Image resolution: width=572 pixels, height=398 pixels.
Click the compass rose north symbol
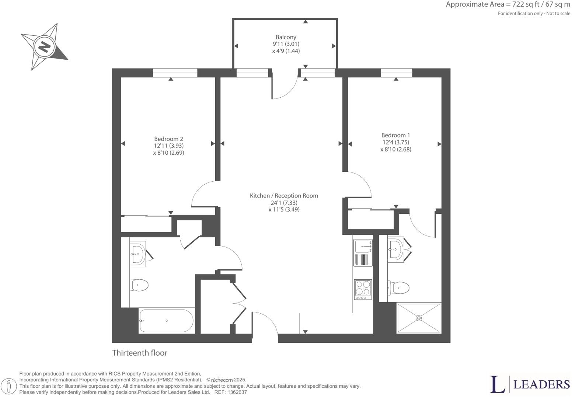(44, 47)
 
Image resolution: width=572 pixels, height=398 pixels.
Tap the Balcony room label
(286, 37)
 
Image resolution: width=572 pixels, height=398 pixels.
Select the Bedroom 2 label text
(168, 139)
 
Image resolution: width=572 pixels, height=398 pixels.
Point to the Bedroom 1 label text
(395, 135)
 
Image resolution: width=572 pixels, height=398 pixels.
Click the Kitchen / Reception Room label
(284, 196)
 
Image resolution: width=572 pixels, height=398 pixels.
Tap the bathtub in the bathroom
(166, 321)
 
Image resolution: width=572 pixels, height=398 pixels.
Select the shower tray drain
(419, 318)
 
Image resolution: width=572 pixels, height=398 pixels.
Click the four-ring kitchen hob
(363, 289)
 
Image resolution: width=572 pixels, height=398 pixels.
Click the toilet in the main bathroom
(140, 285)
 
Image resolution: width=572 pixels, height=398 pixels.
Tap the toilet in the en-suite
(399, 287)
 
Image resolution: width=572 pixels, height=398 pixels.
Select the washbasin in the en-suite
(395, 249)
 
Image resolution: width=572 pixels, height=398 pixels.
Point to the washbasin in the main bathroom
(137, 253)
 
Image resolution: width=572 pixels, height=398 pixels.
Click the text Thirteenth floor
(140, 353)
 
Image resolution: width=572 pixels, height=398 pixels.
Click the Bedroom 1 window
(396, 73)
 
